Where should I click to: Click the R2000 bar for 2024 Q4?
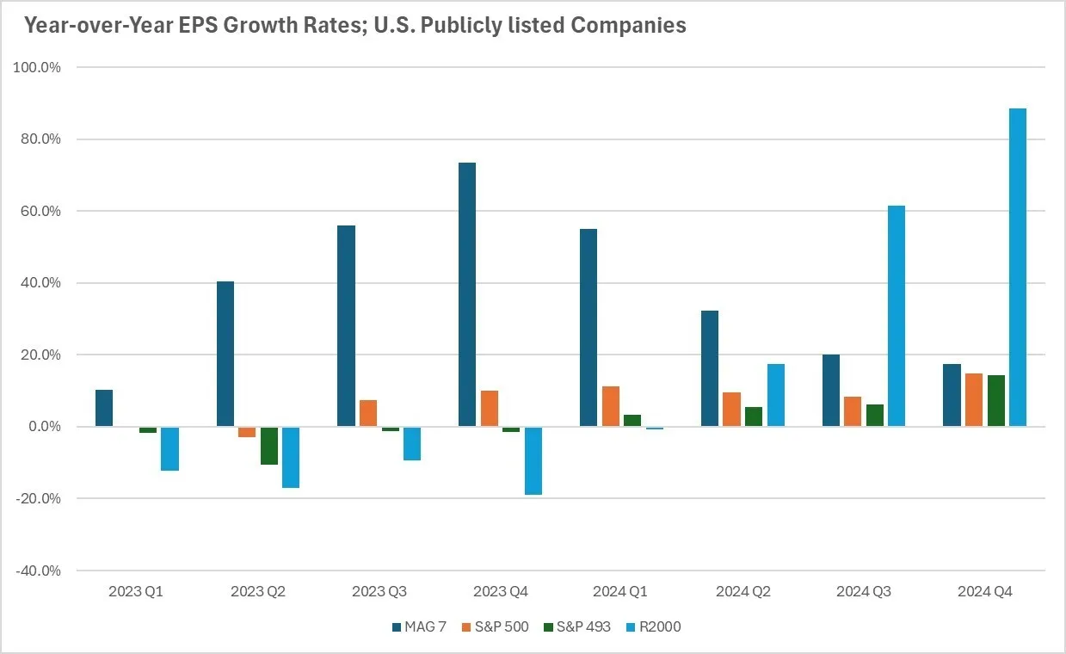click(x=1017, y=268)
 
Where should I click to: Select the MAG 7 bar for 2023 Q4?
click(x=467, y=294)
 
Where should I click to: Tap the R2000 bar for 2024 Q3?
click(x=896, y=316)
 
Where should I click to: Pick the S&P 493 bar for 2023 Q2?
click(x=269, y=446)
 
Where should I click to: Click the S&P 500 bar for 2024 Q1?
click(x=611, y=406)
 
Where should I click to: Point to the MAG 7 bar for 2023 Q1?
click(x=104, y=408)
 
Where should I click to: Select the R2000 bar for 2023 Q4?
click(x=533, y=460)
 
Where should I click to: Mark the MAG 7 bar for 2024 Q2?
click(x=710, y=368)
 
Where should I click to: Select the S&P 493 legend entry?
click(x=579, y=626)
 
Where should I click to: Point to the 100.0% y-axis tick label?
click(x=38, y=67)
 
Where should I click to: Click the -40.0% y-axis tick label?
click(x=38, y=571)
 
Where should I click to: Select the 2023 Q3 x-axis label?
click(x=380, y=592)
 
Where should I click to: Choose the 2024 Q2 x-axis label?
click(x=743, y=592)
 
